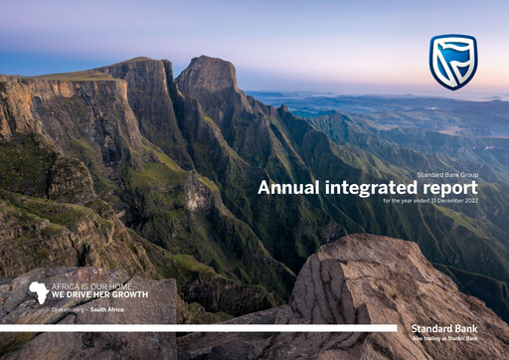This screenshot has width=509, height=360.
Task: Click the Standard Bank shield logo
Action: point(452,62)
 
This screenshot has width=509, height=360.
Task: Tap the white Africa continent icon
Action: point(38,291)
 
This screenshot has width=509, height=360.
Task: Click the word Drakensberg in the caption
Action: point(71,310)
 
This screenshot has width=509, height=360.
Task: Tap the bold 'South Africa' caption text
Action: point(106,310)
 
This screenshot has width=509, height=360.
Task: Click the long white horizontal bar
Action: point(199,327)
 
